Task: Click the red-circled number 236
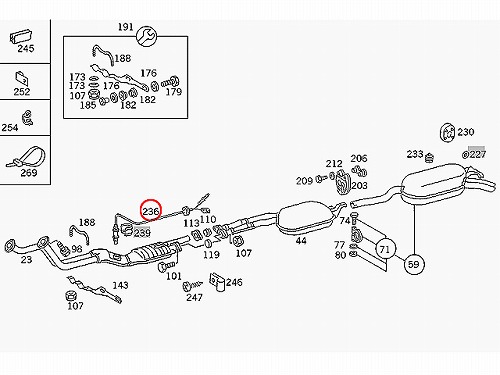click(151, 211)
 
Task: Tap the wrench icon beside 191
click(147, 36)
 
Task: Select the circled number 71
click(385, 249)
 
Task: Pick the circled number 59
click(414, 264)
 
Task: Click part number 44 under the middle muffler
click(301, 241)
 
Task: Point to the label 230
click(466, 132)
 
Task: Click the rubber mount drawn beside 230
click(447, 133)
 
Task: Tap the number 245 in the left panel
click(26, 49)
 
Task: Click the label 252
click(22, 92)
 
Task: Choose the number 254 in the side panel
click(10, 127)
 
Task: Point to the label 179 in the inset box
click(174, 92)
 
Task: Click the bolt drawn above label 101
click(165, 266)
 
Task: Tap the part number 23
click(26, 259)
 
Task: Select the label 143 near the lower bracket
click(120, 285)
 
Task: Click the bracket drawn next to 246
click(217, 282)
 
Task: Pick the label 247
click(194, 297)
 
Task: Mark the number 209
click(304, 181)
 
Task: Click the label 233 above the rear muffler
click(415, 154)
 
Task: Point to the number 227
click(478, 154)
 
